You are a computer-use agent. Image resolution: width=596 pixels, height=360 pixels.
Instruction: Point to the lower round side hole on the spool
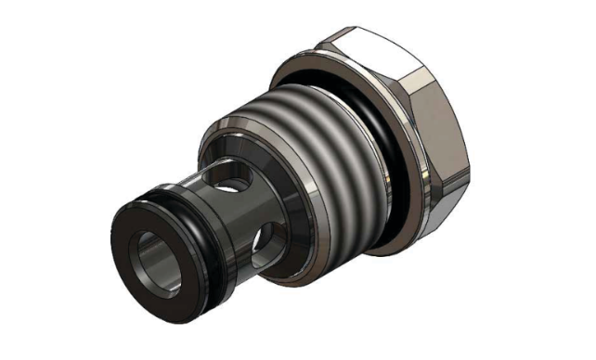pos(264,243)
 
